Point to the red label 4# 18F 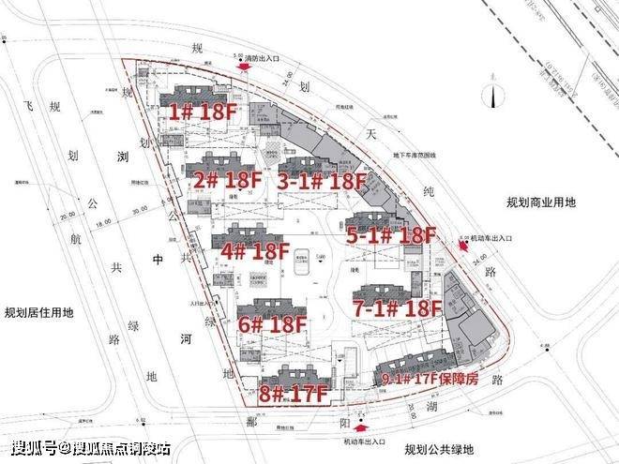[x=254, y=251]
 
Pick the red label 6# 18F [x=272, y=325]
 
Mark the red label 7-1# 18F [x=397, y=308]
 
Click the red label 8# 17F [x=293, y=394]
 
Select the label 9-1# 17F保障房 [x=430, y=379]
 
